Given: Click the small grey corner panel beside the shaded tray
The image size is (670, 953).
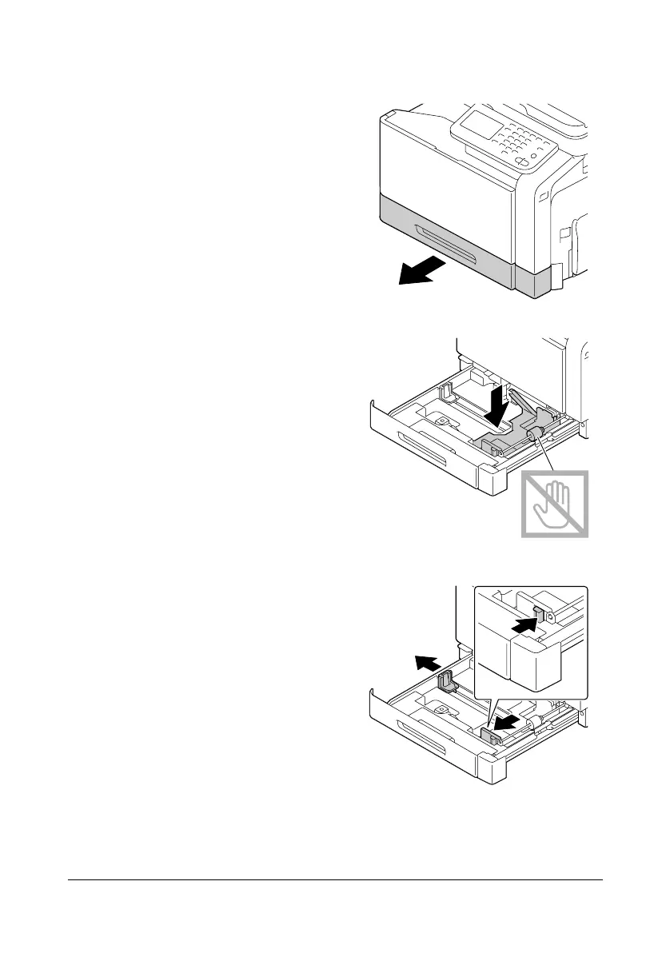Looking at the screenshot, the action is (532, 281).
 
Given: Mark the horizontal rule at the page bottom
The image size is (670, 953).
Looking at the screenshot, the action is (334, 881).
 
